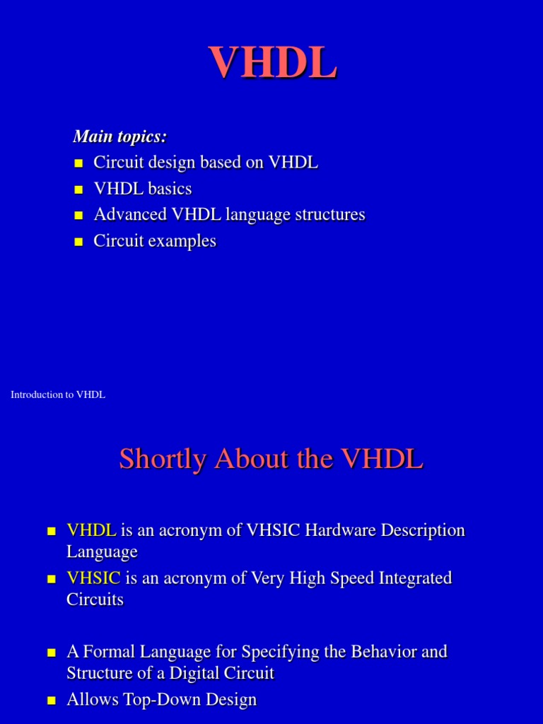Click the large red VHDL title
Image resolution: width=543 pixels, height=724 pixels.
point(272,62)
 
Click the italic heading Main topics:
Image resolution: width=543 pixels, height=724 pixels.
point(120,136)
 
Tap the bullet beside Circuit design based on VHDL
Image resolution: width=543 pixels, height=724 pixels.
point(78,163)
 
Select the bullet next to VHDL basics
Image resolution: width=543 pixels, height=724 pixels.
point(78,189)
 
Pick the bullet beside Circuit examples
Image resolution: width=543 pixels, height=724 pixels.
point(78,242)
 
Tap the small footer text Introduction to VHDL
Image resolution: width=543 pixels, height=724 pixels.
point(58,395)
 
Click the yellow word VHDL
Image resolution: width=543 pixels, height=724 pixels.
point(91,530)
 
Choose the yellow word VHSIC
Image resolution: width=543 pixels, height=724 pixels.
point(94,578)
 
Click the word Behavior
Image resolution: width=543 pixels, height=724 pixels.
point(370,651)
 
